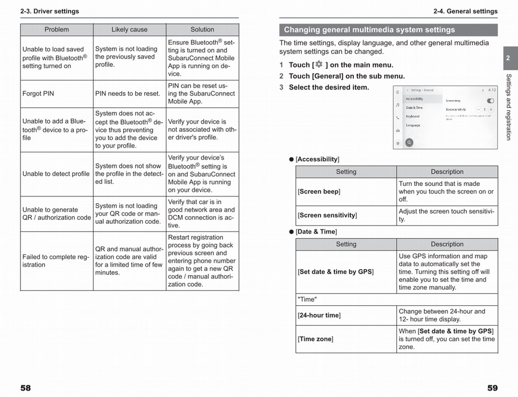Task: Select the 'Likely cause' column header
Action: click(129, 30)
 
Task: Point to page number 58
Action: click(25, 388)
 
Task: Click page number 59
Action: click(492, 388)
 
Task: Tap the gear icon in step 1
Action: click(319, 65)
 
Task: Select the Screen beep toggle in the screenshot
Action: click(490, 101)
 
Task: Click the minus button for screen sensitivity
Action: click(478, 109)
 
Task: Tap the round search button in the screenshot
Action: click(409, 142)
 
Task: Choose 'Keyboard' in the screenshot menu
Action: click(413, 116)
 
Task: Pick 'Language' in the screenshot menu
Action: click(413, 125)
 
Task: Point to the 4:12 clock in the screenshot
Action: click(492, 90)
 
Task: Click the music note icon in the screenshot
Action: click(398, 105)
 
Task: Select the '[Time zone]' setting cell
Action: click(315, 339)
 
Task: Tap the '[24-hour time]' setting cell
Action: click(319, 316)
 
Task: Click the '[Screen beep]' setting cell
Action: click(319, 191)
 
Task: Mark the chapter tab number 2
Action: click(508, 58)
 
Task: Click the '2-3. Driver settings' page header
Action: click(50, 11)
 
